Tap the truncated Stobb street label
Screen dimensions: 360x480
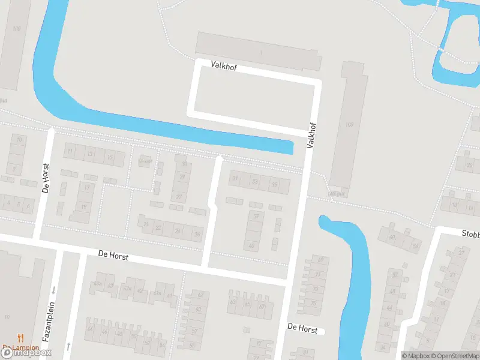coord(470,233)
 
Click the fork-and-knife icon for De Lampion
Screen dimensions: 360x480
coord(20,338)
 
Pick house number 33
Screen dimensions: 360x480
coord(255,181)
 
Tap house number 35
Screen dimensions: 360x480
coord(274,184)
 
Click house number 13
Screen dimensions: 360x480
coord(90,154)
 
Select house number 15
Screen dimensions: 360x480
coord(109,157)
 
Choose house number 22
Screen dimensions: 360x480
coord(158,228)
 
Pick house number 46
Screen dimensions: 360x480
coord(105,331)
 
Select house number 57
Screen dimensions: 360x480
coord(194,331)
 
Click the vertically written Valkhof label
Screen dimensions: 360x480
coord(310,133)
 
